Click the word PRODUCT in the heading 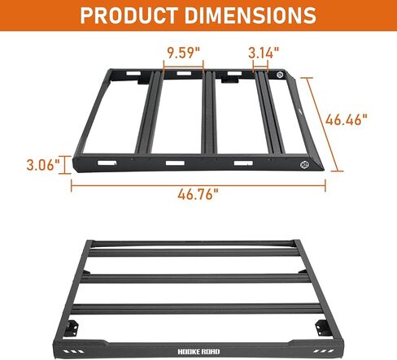tap(129, 15)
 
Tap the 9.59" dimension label tap(183, 53)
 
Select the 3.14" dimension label tap(264, 53)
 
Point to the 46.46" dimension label tap(347, 119)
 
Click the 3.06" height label tap(43, 165)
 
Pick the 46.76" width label tap(198, 194)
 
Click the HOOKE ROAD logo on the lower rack tap(198, 352)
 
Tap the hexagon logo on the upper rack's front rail tap(304, 164)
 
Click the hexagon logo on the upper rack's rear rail tap(280, 75)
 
